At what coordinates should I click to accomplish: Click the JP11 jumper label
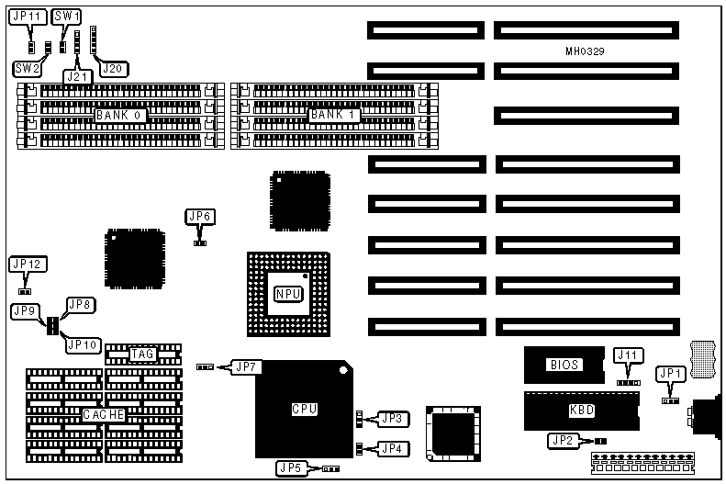point(28,17)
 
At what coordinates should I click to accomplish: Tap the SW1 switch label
point(66,17)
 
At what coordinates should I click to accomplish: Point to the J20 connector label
point(114,68)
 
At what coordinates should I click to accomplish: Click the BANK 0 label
point(118,116)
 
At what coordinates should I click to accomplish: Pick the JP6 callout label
point(199,217)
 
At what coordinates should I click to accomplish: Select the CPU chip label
point(304,409)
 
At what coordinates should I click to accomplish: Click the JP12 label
point(27,265)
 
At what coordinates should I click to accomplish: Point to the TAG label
point(143,354)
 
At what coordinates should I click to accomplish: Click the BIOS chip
point(564,365)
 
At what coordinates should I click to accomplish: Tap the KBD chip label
point(582,410)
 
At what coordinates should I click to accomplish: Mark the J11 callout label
point(629,355)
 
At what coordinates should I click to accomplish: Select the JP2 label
point(564,441)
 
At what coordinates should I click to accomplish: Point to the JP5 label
point(291,467)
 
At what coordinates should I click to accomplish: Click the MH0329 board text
point(584,51)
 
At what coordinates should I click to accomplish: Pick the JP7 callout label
point(246,366)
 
